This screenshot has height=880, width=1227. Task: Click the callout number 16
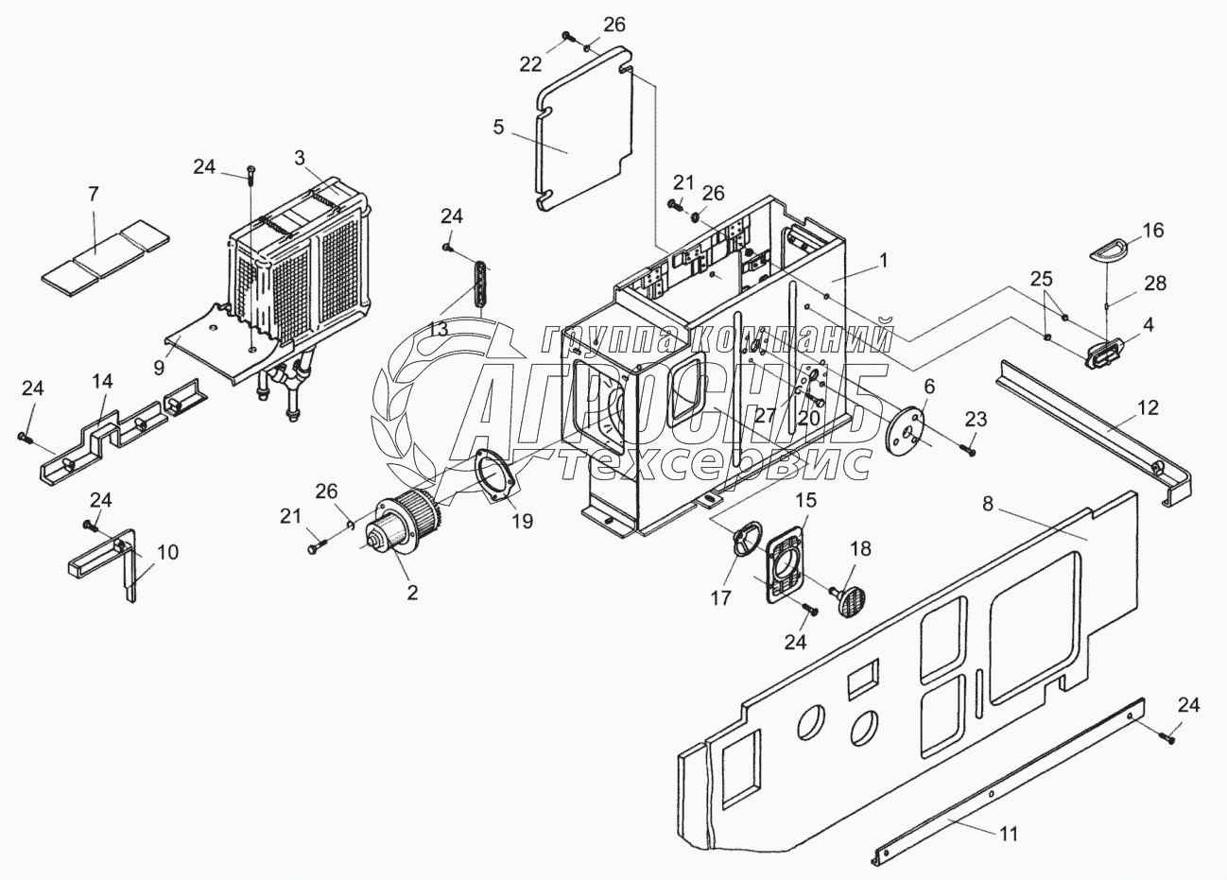1153,231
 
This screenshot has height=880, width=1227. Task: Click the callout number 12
1148,408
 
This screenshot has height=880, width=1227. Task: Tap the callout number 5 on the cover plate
498,127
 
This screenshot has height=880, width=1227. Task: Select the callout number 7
94,194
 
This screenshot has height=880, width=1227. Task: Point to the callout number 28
1155,284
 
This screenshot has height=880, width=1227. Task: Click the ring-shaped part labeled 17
746,538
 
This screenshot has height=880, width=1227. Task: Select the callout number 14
102,381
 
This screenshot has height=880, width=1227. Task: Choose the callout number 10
167,553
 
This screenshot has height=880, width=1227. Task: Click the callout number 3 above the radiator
299,158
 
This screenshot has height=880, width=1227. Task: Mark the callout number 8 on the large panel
988,503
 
